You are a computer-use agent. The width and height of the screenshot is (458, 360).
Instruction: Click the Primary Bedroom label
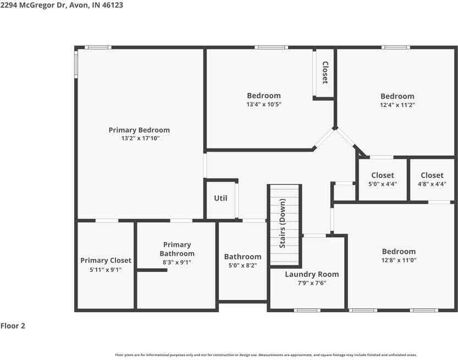(x=139, y=130)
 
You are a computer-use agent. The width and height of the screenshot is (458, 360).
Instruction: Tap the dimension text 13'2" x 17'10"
(x=139, y=139)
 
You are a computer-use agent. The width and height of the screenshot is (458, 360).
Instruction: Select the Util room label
(x=220, y=198)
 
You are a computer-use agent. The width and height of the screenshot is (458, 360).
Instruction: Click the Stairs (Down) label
(x=283, y=224)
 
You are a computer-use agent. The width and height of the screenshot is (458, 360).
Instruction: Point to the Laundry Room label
(x=312, y=274)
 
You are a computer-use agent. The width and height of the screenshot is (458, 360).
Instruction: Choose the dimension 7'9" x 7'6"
(x=312, y=283)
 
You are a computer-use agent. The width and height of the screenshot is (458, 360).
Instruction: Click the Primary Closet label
(x=106, y=261)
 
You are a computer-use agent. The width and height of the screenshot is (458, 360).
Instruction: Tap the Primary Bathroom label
(x=177, y=249)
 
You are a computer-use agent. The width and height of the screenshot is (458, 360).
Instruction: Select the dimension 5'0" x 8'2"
(x=242, y=265)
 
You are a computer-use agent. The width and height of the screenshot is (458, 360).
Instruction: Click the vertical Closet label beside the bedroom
(x=325, y=73)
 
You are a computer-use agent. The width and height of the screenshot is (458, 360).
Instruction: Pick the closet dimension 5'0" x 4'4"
(x=382, y=184)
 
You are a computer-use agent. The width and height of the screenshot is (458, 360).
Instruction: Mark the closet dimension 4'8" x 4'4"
(x=432, y=184)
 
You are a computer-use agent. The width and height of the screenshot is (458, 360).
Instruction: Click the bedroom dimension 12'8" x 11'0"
(x=399, y=260)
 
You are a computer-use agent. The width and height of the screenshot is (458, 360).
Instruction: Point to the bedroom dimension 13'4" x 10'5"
(x=263, y=104)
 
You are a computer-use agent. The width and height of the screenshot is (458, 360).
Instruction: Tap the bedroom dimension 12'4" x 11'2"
(x=397, y=104)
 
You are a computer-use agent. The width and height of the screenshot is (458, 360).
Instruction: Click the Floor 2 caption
(x=13, y=326)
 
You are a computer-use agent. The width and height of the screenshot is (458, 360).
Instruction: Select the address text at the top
(x=62, y=4)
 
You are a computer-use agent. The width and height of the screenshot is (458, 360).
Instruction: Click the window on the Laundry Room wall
(x=307, y=311)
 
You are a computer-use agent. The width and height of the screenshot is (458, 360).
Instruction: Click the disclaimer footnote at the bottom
(x=266, y=355)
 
